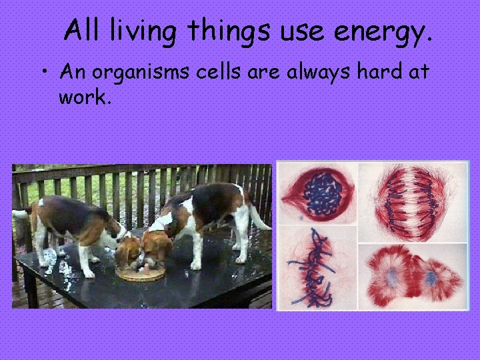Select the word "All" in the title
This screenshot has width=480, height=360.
pos(83,31)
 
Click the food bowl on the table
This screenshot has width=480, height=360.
pos(140,273)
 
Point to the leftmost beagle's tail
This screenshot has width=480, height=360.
pos(21,213)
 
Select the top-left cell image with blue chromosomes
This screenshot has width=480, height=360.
pos(317,193)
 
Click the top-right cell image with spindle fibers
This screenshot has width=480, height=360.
pos(413,193)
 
